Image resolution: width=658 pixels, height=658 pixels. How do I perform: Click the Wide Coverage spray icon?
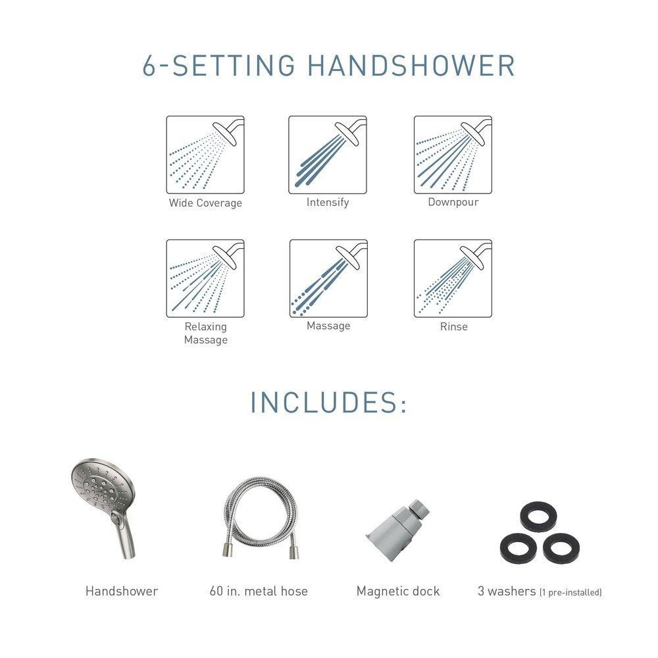tap(205, 155)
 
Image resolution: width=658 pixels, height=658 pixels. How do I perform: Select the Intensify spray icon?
tap(328, 155)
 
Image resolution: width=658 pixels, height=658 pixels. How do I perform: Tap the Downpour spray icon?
tap(453, 155)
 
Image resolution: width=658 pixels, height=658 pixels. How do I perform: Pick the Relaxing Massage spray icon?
tap(205, 278)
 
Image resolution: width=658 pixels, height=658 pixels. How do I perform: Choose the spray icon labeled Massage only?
tap(328, 278)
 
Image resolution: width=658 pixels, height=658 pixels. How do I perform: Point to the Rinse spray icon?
tap(453, 278)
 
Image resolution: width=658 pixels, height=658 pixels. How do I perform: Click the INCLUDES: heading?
tap(328, 403)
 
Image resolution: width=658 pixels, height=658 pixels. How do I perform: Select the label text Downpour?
tap(453, 202)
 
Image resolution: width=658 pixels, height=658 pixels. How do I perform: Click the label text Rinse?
tap(454, 326)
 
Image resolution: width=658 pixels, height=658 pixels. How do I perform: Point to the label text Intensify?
tap(328, 202)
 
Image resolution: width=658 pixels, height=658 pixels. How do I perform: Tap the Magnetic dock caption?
tap(397, 591)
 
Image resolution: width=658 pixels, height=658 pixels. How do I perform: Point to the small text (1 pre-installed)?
tap(570, 593)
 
